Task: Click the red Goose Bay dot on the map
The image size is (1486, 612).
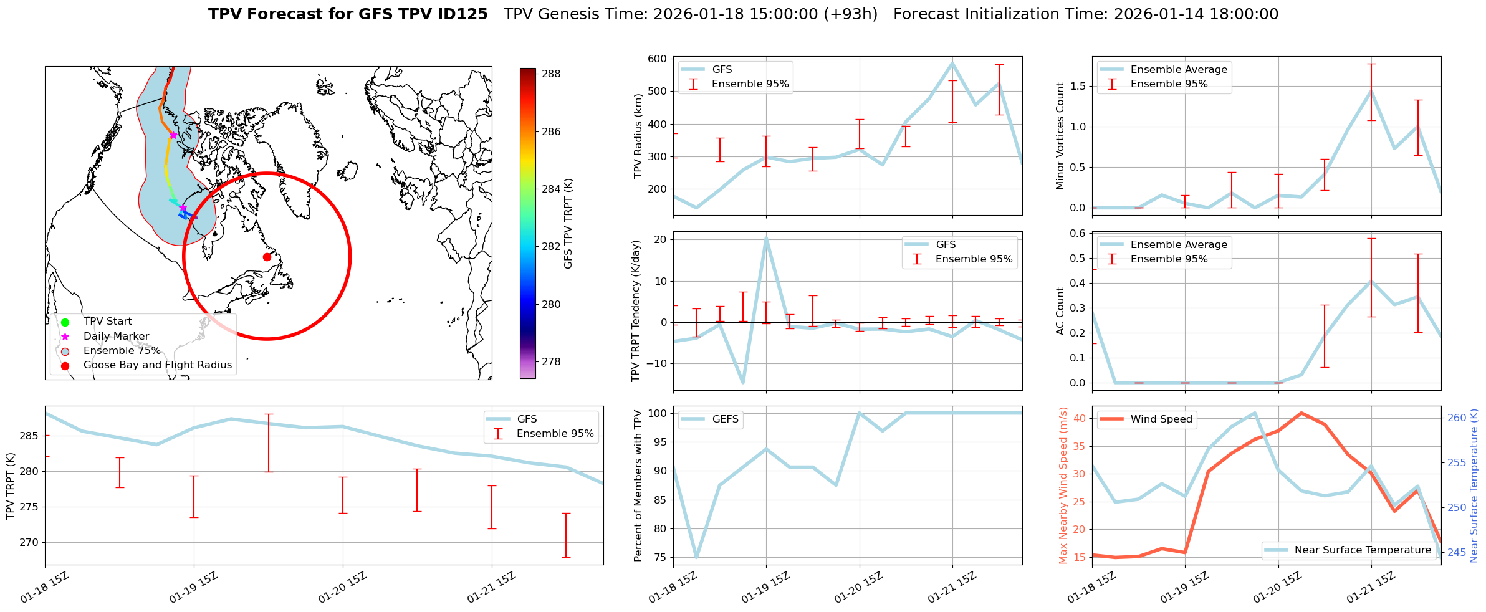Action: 267,257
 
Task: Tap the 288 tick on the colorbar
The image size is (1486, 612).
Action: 550,74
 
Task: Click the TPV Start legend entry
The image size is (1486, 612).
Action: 107,322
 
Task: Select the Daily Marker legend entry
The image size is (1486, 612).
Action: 116,337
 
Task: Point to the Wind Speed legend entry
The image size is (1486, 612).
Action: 1161,419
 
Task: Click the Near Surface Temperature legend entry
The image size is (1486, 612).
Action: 1362,550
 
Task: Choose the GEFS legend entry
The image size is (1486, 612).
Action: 725,419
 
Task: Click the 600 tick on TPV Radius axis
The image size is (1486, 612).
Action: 659,59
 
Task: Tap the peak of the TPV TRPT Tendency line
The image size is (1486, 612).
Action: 766,237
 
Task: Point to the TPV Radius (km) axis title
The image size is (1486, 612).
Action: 638,136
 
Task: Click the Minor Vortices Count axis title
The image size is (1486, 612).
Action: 1060,136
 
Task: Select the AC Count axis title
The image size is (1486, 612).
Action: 1060,311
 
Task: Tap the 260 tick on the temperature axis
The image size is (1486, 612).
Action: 1457,418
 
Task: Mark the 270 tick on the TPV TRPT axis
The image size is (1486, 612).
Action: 29,542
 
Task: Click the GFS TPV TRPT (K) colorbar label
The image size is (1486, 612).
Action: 568,223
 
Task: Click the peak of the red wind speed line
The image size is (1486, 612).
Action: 1301,413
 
